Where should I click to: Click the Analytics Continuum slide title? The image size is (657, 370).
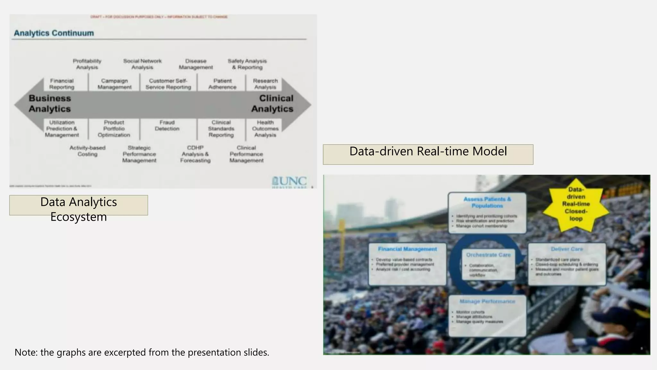click(x=54, y=33)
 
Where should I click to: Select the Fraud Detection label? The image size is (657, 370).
click(x=167, y=126)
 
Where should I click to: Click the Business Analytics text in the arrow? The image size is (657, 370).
click(x=50, y=103)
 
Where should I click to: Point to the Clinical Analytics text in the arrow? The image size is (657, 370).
click(x=272, y=103)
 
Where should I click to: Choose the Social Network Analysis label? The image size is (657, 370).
click(x=142, y=64)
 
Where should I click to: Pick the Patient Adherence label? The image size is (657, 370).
click(x=222, y=84)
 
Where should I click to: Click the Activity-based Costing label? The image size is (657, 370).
click(x=87, y=151)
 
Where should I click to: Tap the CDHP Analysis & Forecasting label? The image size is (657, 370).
click(x=195, y=154)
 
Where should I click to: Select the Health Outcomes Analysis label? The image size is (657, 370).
click(x=265, y=128)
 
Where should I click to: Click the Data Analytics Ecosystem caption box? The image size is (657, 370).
click(x=79, y=206)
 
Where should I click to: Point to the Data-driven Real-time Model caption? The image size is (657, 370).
click(x=428, y=152)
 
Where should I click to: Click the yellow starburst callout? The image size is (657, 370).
click(x=576, y=204)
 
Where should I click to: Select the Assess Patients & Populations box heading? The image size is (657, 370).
click(x=487, y=202)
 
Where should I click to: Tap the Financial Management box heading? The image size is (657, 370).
click(x=407, y=249)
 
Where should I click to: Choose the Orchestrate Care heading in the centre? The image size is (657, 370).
click(x=488, y=255)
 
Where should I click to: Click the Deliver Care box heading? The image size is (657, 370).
click(x=567, y=249)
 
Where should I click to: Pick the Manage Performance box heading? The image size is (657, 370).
click(x=487, y=301)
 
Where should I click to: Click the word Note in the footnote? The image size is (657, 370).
click(x=25, y=352)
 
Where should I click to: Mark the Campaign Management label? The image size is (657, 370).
click(x=115, y=84)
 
